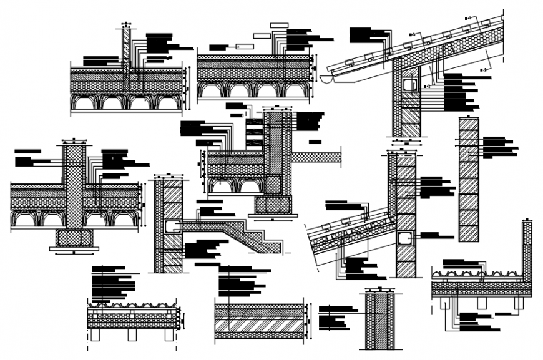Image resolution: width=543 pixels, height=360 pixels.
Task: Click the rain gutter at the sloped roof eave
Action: click(338, 75)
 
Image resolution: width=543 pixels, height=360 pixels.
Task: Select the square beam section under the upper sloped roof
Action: click(409, 84)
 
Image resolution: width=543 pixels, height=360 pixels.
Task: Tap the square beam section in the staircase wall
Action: click(172, 226)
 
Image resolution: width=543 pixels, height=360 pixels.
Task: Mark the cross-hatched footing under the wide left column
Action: click(74, 237)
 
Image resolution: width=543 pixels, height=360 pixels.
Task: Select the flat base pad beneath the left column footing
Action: click(74, 248)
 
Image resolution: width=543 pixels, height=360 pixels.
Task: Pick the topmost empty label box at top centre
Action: click(279, 26)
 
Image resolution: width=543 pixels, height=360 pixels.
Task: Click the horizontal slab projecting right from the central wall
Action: click(316, 157)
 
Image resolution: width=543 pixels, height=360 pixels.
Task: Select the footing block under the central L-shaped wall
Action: click(273, 204)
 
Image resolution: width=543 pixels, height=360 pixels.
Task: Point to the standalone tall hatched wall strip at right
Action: click(469, 180)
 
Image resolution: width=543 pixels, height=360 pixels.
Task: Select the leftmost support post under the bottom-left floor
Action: click(95, 334)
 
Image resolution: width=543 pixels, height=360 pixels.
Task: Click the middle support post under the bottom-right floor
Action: click(482, 303)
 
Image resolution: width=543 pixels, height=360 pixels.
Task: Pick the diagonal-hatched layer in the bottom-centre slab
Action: click(259, 324)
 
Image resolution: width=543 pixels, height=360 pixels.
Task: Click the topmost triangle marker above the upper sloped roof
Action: click(467, 18)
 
